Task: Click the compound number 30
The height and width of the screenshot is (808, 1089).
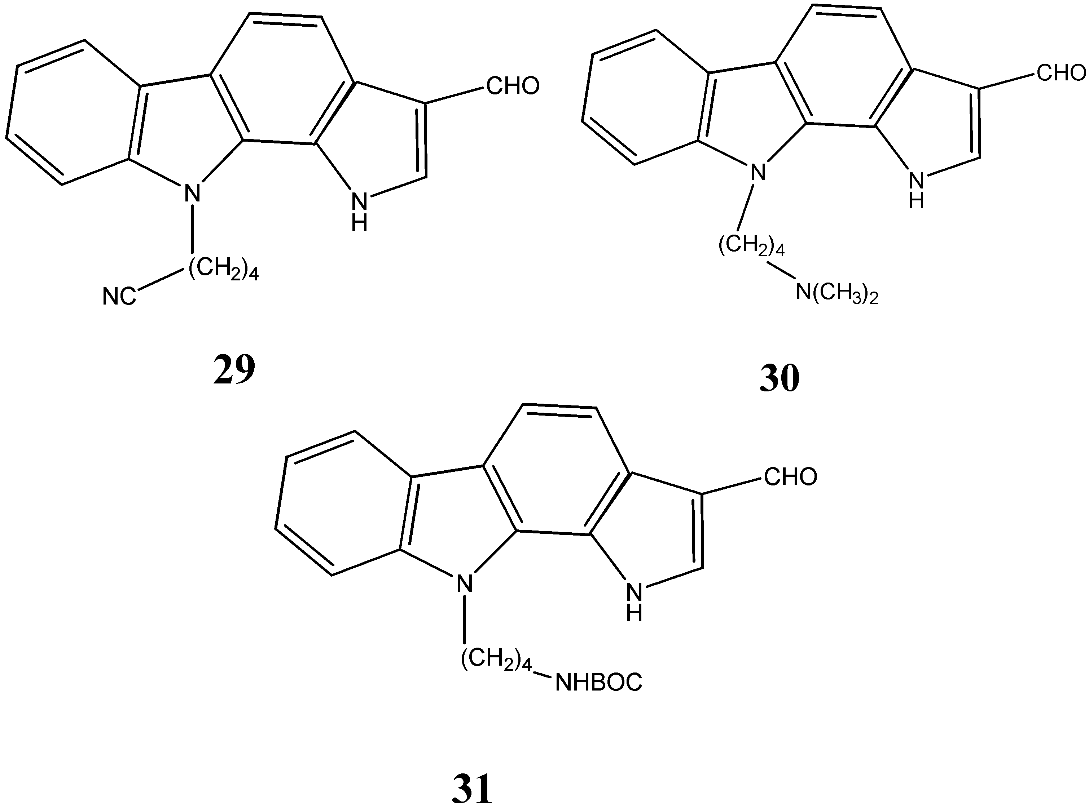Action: pos(780,378)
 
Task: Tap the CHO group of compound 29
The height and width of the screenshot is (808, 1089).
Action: pos(513,86)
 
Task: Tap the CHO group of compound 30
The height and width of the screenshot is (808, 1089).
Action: pos(1061,74)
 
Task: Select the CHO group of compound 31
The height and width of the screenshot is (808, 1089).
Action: pos(790,477)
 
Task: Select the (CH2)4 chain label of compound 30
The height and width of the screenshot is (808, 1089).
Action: pos(751,245)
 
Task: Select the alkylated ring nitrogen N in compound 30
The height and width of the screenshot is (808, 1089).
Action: pos(758,172)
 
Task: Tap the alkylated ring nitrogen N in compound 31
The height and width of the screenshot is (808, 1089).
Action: pos(465,583)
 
